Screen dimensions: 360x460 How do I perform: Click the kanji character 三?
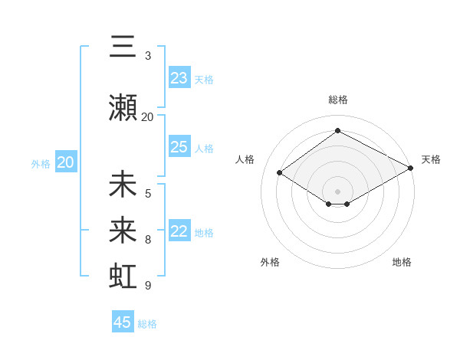[x=123, y=47]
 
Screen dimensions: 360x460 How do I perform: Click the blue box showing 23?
[x=179, y=78]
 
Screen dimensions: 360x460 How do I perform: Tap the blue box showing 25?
[x=179, y=147]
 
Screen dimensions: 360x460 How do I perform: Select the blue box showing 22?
[x=179, y=231]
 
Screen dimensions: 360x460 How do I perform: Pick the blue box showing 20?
[x=66, y=162]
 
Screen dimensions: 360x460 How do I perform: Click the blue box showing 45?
[x=123, y=322]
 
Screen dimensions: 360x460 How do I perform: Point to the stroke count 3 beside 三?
[x=148, y=56]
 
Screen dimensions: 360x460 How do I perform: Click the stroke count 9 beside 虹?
[x=148, y=286]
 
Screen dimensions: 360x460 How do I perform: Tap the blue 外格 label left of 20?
[x=41, y=163]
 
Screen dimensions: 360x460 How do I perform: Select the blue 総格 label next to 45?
[x=148, y=324]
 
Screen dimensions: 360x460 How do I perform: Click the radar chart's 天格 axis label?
[x=431, y=159]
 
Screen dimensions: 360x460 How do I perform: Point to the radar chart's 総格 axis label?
[x=337, y=100]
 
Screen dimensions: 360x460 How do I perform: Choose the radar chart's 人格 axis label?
[x=245, y=159]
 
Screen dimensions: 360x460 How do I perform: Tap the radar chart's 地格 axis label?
[x=402, y=262]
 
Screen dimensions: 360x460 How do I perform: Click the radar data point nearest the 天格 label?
[x=411, y=169]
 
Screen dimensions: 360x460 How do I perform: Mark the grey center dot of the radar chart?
[x=337, y=190]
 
